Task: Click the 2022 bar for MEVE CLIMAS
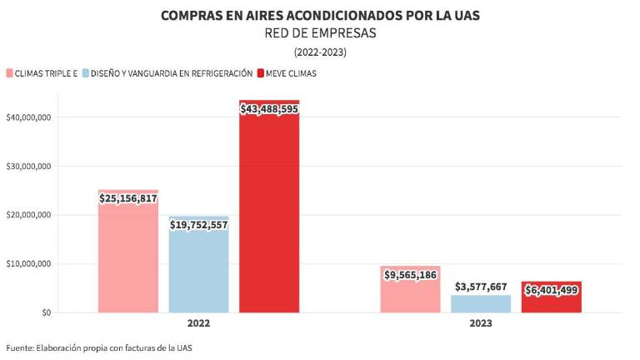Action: [269, 217]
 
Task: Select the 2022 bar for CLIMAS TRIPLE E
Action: [127, 258]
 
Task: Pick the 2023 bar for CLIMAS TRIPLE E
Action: [410, 296]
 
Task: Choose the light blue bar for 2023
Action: [481, 303]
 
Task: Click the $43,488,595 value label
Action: [269, 109]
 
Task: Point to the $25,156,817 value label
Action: [127, 198]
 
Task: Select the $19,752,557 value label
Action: [198, 224]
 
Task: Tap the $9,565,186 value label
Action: [410, 274]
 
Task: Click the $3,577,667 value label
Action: [481, 287]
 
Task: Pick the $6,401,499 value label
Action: [552, 290]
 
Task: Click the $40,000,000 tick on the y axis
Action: [29, 117]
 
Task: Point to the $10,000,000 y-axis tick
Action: [29, 264]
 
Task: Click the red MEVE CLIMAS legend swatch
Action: [261, 73]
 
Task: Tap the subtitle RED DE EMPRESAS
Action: [321, 33]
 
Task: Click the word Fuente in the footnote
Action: [21, 347]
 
